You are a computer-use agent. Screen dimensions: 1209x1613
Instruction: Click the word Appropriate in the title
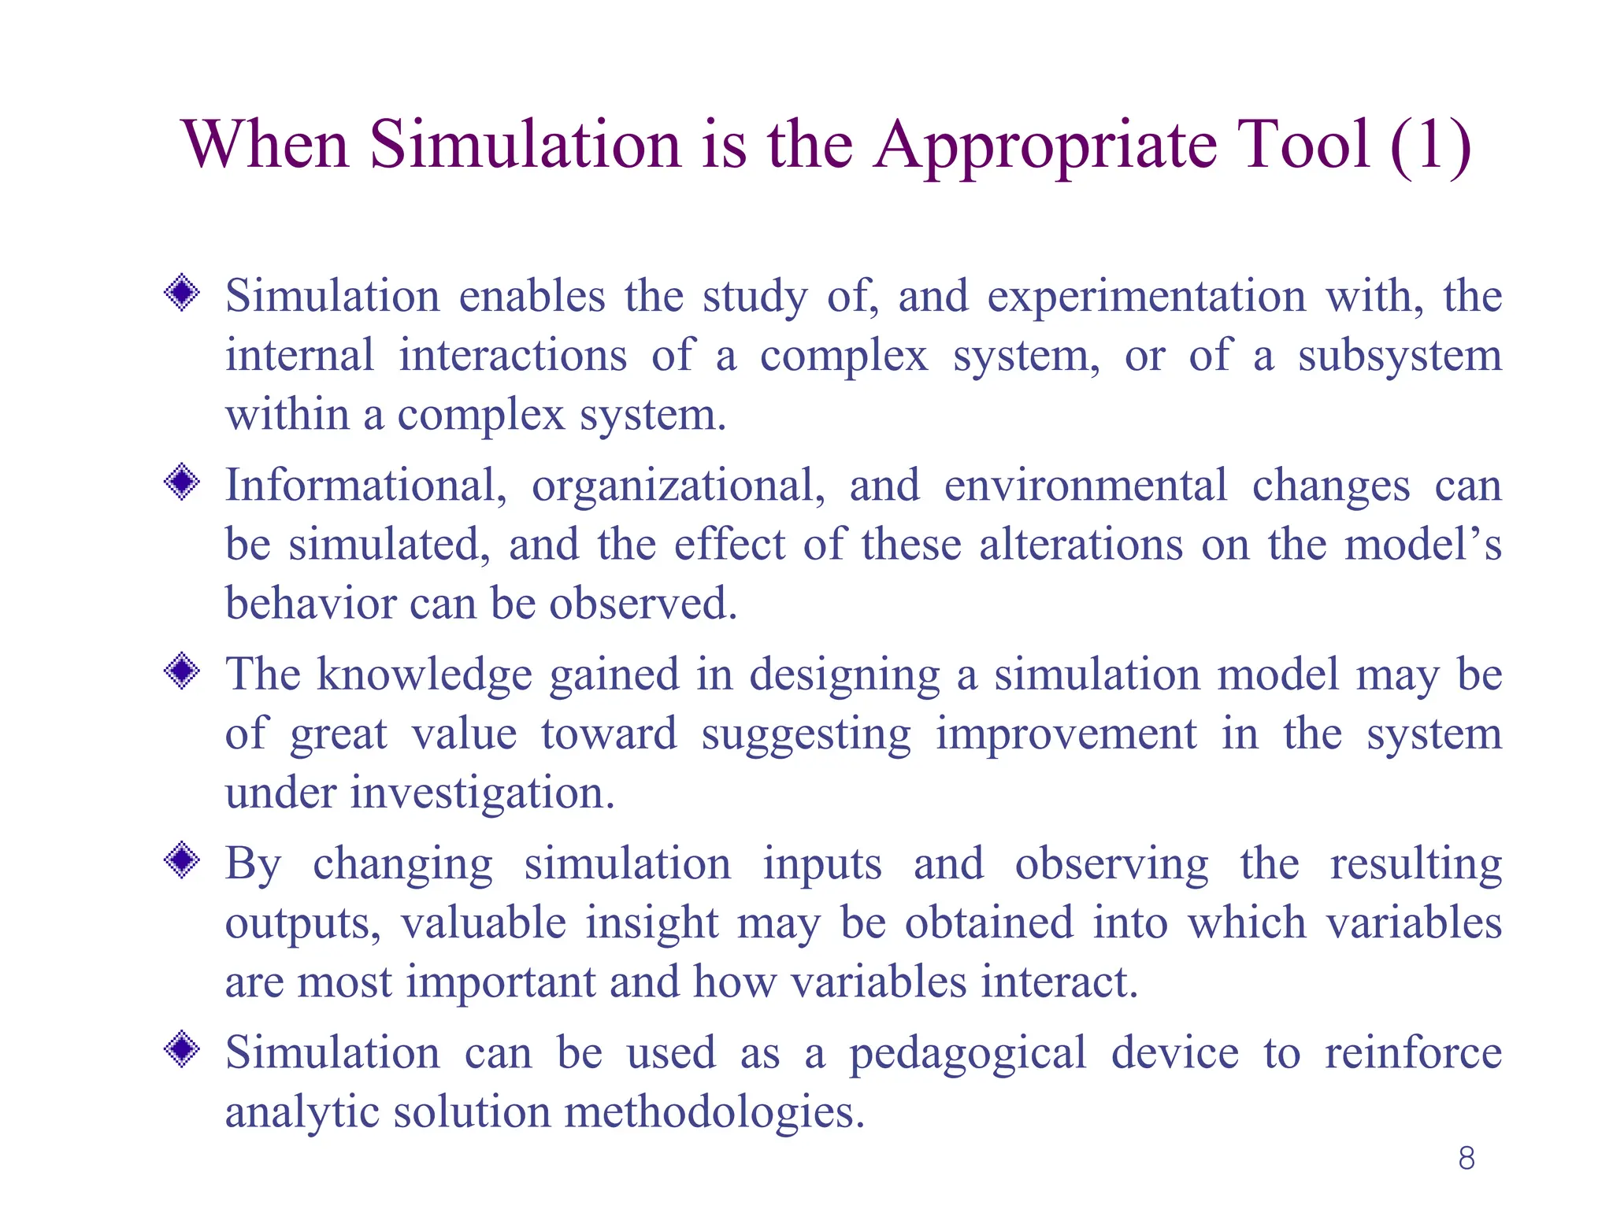[x=1046, y=146]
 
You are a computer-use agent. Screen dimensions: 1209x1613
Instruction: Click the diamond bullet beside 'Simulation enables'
[x=182, y=294]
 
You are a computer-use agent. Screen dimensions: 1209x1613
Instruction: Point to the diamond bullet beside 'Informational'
[x=182, y=482]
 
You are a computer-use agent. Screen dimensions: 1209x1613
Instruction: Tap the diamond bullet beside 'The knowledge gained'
[x=182, y=671]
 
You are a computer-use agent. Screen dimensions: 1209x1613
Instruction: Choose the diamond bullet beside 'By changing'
[x=182, y=860]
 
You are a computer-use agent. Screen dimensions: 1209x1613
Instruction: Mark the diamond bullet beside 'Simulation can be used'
[x=182, y=1049]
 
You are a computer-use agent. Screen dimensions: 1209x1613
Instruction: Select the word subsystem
[x=1400, y=357]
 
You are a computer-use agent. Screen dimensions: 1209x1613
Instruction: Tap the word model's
[x=1422, y=545]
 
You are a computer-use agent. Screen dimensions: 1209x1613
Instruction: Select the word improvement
[x=1066, y=735]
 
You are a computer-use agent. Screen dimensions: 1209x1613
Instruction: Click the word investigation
[x=482, y=793]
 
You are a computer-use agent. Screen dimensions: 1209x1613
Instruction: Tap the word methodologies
[x=714, y=1113]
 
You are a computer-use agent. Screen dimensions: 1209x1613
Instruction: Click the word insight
[x=651, y=922]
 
